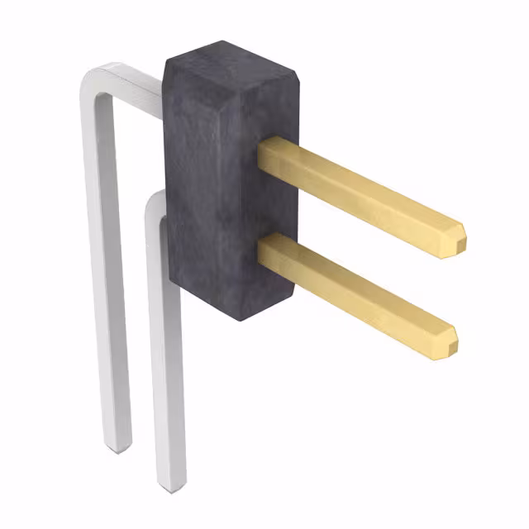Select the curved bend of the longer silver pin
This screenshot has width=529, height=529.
(92, 83)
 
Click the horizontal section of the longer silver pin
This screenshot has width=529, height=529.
(132, 83)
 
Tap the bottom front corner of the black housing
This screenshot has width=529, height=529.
(243, 319)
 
